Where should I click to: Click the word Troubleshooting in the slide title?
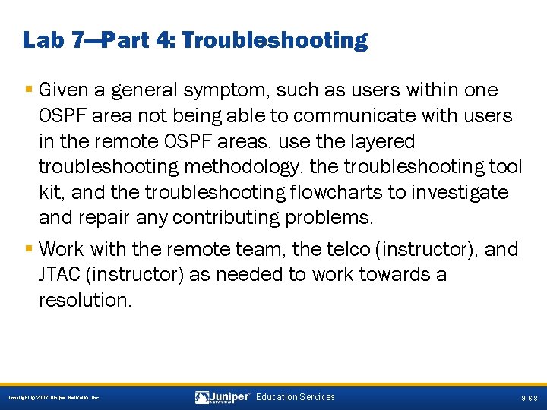[275, 40]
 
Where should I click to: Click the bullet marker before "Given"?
[29, 90]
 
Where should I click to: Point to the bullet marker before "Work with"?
[29, 249]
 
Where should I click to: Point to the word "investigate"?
[459, 194]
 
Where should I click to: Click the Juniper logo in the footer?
[223, 397]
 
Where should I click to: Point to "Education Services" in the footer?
[295, 397]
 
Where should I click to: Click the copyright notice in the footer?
[54, 398]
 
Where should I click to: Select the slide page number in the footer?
[529, 398]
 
